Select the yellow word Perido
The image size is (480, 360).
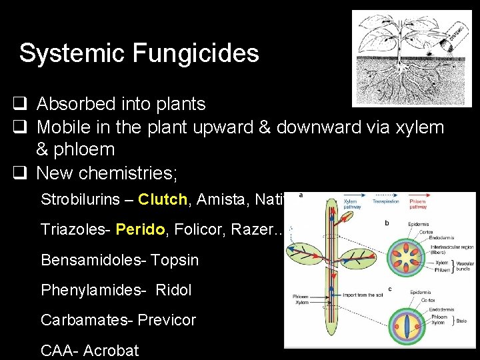point(140,229)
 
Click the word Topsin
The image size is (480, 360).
point(175,260)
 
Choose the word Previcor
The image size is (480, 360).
point(167,320)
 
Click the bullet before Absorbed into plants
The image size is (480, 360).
point(18,104)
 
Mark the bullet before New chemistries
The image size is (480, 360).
point(18,173)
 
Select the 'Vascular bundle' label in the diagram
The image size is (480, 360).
point(461,267)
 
